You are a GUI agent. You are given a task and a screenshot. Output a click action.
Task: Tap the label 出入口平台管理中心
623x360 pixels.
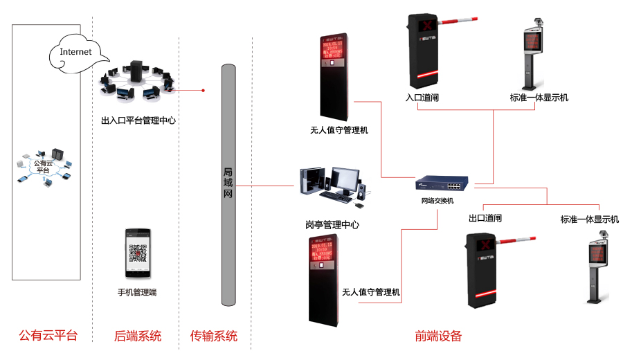(138, 120)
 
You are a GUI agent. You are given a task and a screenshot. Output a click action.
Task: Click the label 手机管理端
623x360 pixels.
(137, 292)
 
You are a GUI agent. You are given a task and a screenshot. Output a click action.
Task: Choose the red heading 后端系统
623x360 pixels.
(138, 336)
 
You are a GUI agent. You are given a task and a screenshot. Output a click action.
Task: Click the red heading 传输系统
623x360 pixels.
(214, 336)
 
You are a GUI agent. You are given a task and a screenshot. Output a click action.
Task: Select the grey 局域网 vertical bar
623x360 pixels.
(228, 184)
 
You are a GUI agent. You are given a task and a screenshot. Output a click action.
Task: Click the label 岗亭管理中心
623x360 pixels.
(332, 225)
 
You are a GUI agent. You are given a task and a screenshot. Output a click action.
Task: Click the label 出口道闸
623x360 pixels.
(485, 219)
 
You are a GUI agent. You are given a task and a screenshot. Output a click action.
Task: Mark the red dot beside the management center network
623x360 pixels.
(203, 90)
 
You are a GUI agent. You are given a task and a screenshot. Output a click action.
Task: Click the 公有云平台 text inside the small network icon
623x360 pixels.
(43, 167)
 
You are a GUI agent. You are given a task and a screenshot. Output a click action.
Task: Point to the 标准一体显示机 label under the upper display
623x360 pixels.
(539, 98)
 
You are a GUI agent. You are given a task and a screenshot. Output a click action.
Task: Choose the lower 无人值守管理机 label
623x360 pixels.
(371, 292)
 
